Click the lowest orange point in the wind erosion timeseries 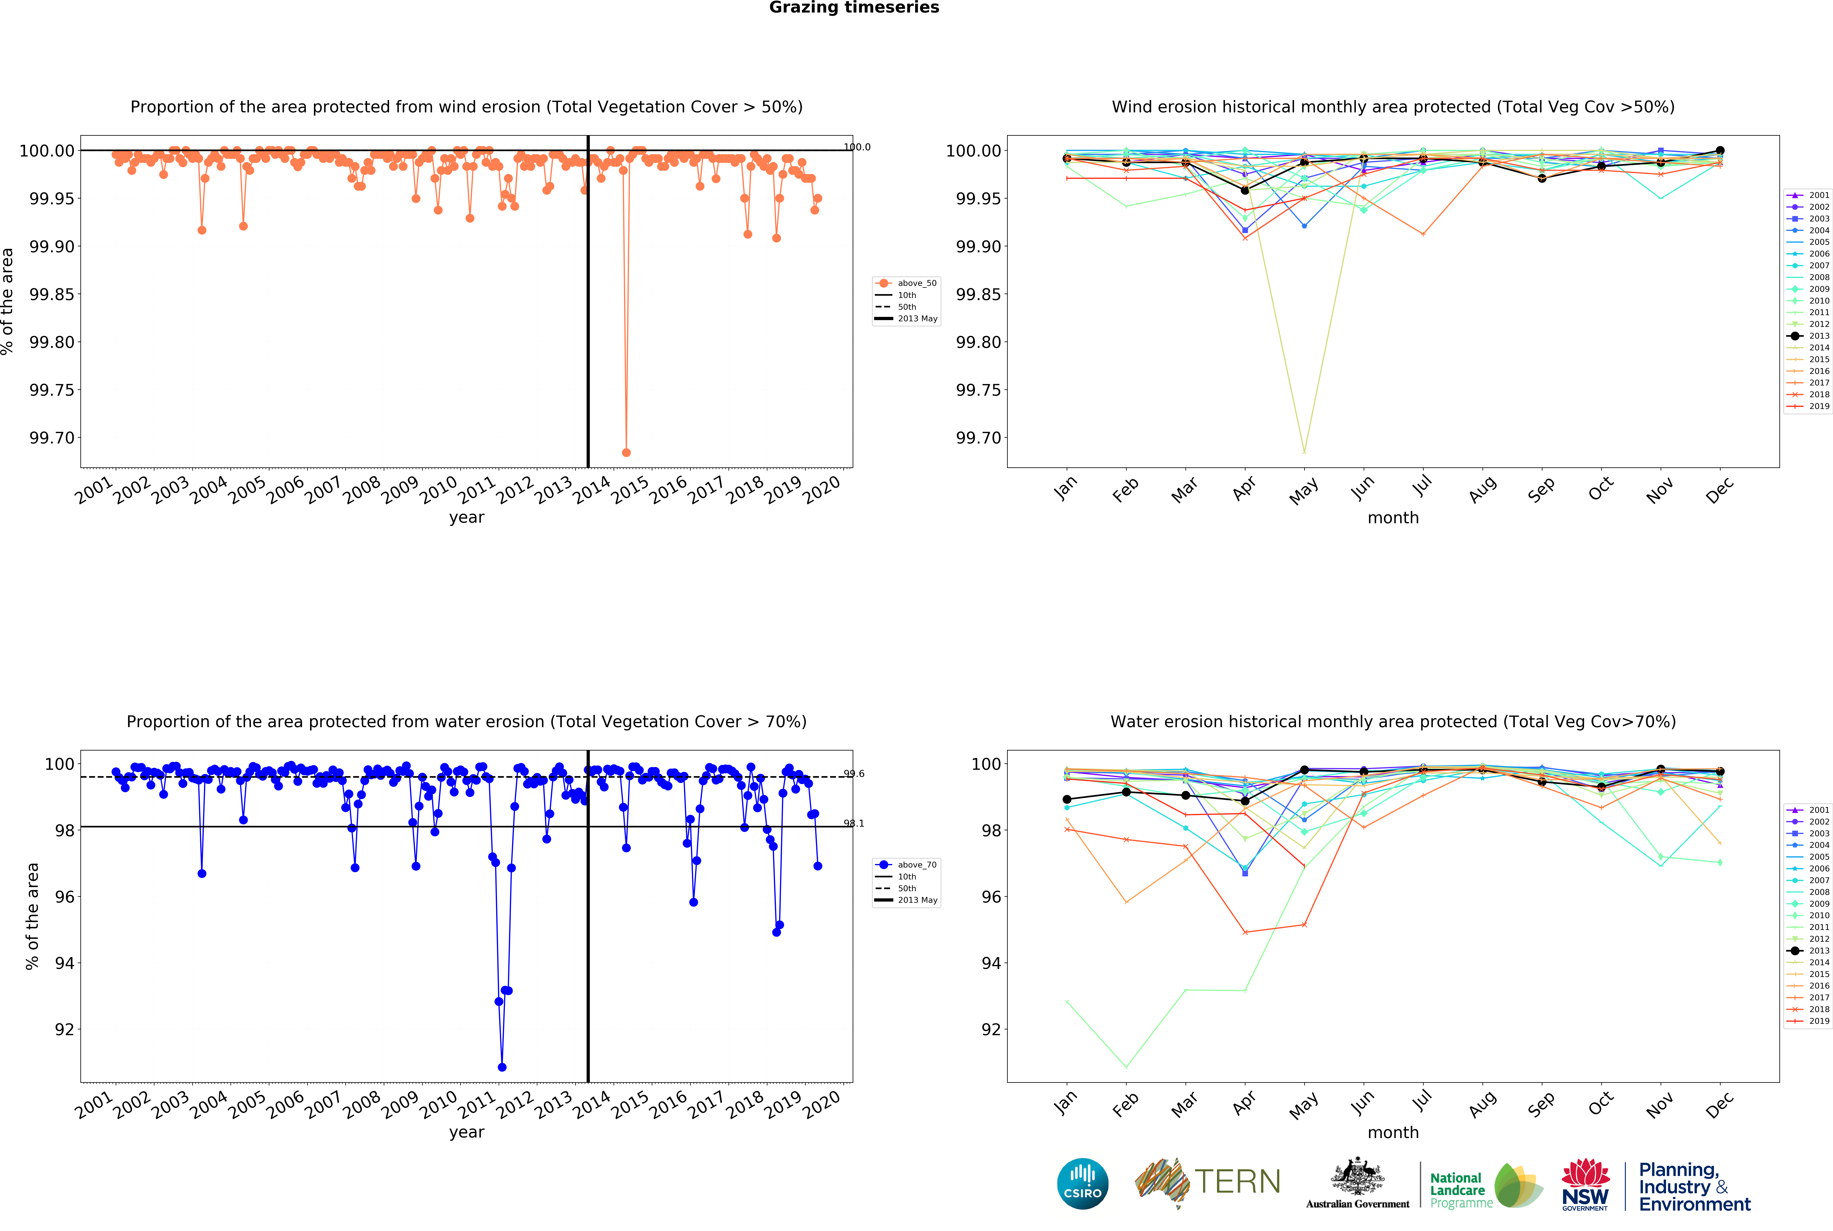[x=626, y=452]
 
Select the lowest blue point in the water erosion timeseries [x=502, y=1067]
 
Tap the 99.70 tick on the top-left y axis [x=52, y=438]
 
